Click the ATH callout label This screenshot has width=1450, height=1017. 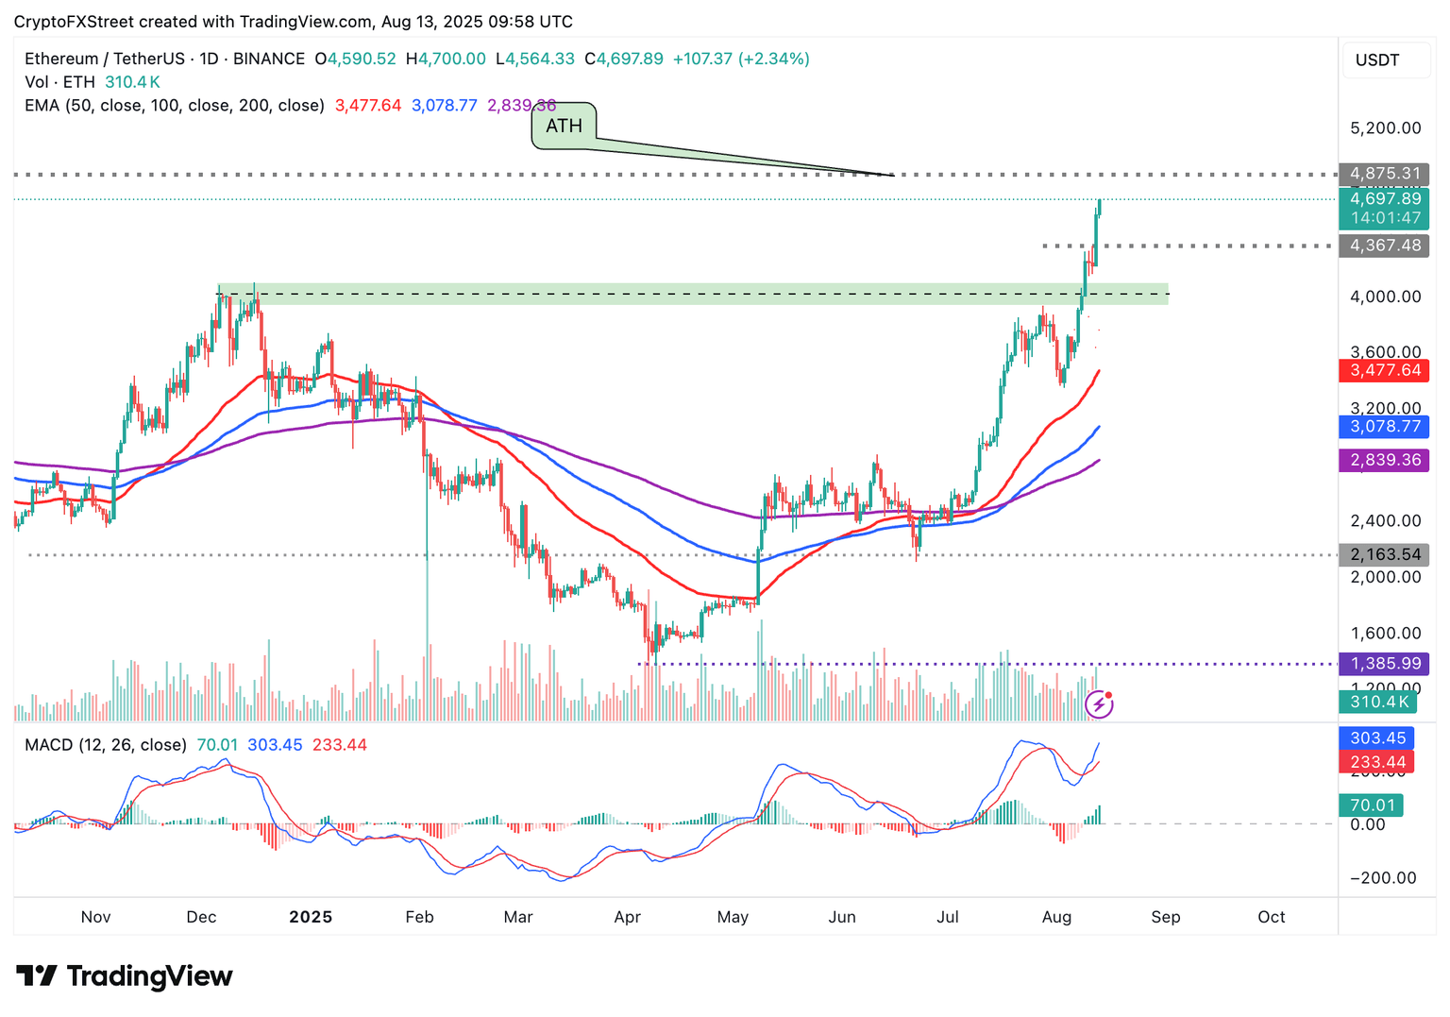tap(564, 126)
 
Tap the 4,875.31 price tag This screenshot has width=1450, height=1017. tap(1384, 174)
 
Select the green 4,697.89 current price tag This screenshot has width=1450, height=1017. tap(1384, 199)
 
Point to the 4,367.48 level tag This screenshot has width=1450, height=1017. tap(1384, 246)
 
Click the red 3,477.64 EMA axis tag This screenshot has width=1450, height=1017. tap(1384, 370)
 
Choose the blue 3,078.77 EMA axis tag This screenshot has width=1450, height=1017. tap(1384, 427)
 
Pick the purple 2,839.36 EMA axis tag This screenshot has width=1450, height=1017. tap(1384, 460)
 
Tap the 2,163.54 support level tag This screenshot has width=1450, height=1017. tap(1384, 554)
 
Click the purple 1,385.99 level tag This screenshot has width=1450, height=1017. tap(1384, 664)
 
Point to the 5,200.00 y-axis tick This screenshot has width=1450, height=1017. tap(1385, 128)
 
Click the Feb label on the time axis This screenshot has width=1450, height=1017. tap(419, 917)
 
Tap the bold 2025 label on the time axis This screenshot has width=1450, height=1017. tap(311, 917)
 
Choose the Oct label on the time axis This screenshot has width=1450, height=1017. tap(1271, 917)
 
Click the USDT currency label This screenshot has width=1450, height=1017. tap(1377, 60)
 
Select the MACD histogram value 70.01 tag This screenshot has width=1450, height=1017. tap(1372, 805)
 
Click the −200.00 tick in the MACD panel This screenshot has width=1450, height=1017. tap(1383, 878)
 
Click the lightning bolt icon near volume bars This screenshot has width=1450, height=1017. tap(1099, 703)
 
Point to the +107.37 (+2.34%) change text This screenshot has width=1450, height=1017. tap(741, 59)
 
